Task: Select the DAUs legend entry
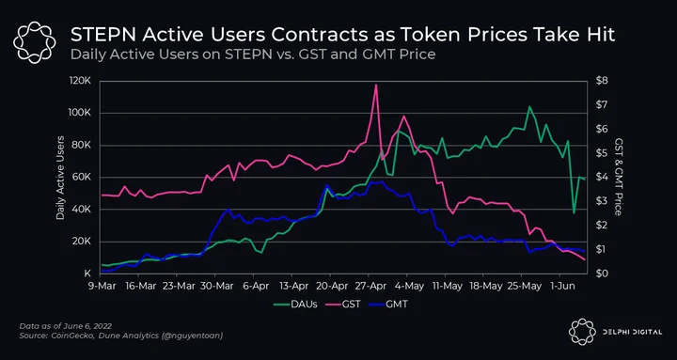point(296,304)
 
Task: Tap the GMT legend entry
point(387,304)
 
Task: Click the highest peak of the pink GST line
point(376,85)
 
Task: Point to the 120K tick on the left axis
point(81,82)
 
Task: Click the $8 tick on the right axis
point(602,81)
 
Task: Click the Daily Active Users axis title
point(60,178)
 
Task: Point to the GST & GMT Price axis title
point(619,178)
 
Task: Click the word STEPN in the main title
point(102,36)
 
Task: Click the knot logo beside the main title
point(34,42)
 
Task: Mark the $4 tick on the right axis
point(602,178)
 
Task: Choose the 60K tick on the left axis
point(83,178)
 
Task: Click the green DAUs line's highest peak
point(529,106)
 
